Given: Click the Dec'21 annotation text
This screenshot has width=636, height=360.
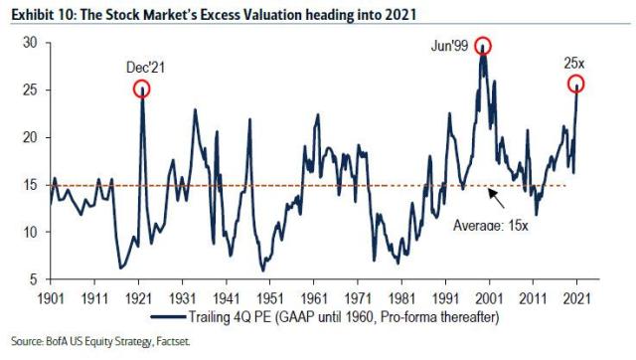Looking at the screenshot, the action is tap(146, 68).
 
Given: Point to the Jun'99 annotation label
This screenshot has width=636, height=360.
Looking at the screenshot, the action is tap(449, 46).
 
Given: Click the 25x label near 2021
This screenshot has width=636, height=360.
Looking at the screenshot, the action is tap(574, 64).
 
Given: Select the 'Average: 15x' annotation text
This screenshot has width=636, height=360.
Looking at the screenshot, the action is tap(490, 225).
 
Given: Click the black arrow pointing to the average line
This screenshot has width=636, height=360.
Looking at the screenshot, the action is tap(496, 199).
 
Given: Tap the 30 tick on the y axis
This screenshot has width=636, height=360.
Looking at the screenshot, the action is tap(31, 43).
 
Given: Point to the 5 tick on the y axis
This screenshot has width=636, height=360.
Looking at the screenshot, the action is tap(34, 279).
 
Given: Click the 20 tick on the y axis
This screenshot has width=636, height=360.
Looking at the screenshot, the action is tap(31, 137).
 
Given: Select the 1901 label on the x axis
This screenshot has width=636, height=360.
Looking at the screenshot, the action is tap(51, 298).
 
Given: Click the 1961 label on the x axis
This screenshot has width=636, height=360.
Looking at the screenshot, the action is tap(314, 298).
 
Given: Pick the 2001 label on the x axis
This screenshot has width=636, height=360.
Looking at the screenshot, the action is tap(489, 298).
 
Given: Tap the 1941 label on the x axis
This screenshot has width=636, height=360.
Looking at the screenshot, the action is tap(227, 298).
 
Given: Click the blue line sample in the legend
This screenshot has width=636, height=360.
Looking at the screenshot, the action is tap(168, 316).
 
